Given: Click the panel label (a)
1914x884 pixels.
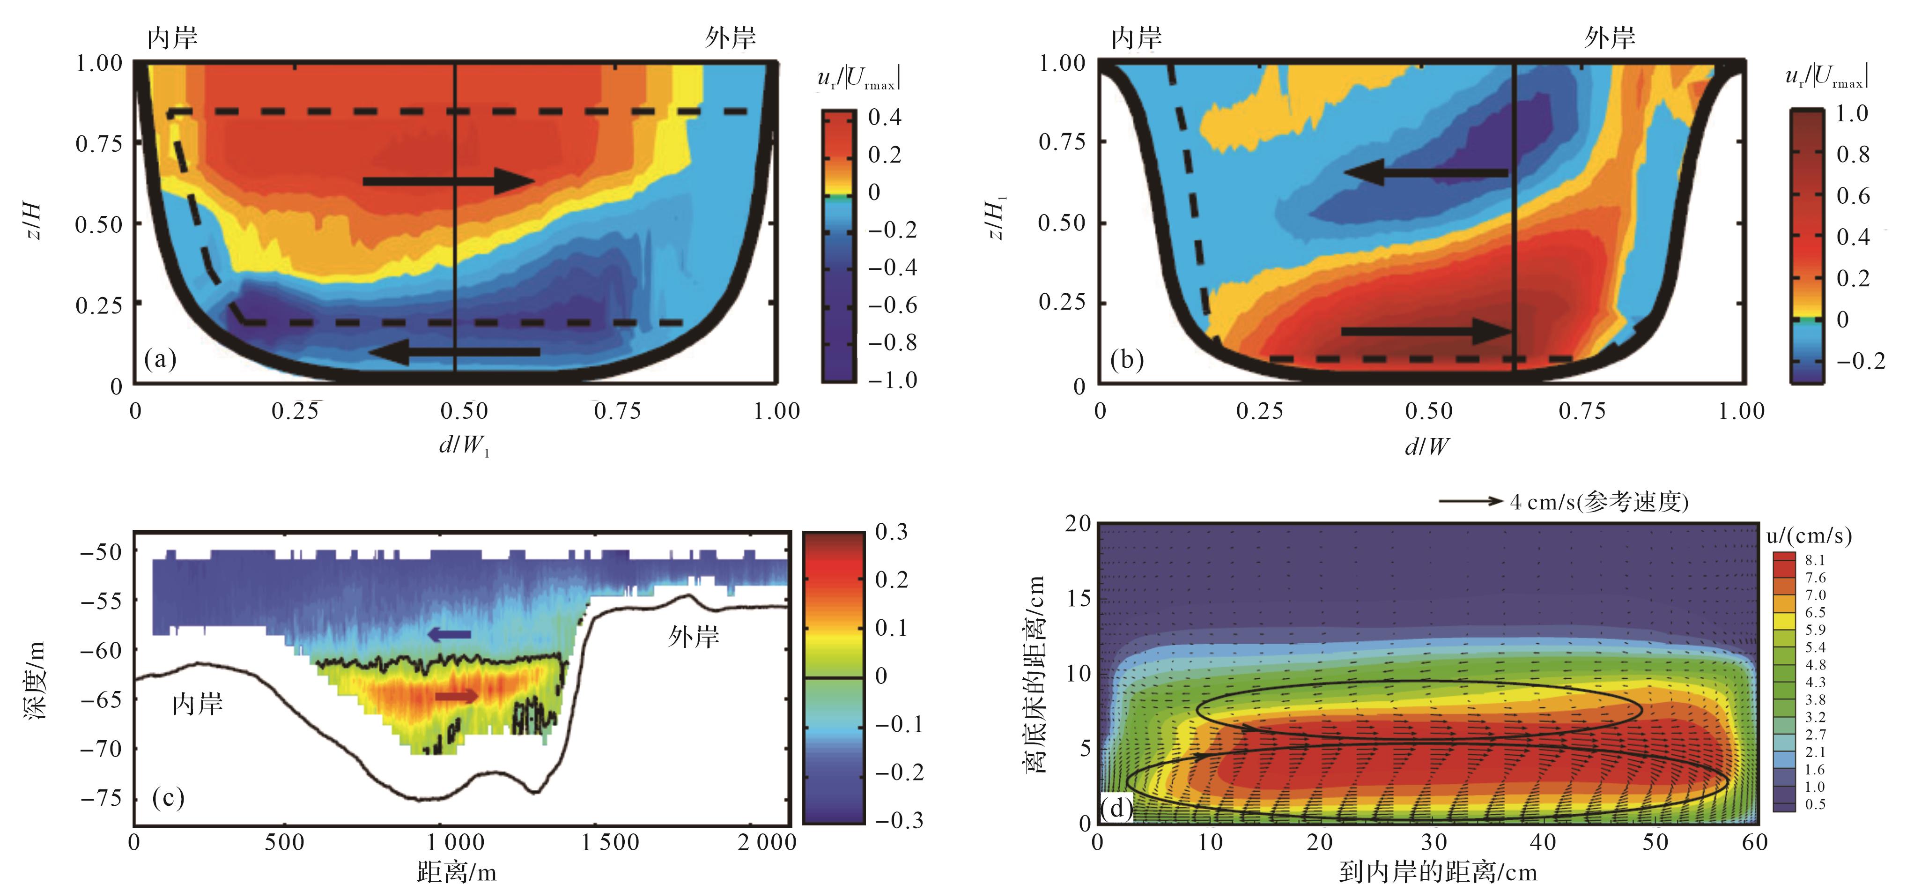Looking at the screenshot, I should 161,360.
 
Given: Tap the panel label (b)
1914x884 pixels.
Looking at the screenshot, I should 1126,360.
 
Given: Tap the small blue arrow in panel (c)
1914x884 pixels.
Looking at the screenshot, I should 450,634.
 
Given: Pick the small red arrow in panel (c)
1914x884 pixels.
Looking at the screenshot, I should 456,696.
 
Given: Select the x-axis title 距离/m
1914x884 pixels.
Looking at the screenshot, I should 456,870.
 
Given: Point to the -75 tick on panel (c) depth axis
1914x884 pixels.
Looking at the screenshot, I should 101,798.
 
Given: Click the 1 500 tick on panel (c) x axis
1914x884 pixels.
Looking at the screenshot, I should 609,842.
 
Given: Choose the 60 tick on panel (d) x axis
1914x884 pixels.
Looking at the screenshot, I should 1755,842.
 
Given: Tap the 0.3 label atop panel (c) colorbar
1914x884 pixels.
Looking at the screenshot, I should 891,532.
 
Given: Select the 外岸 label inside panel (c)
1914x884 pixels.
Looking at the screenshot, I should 693,637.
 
